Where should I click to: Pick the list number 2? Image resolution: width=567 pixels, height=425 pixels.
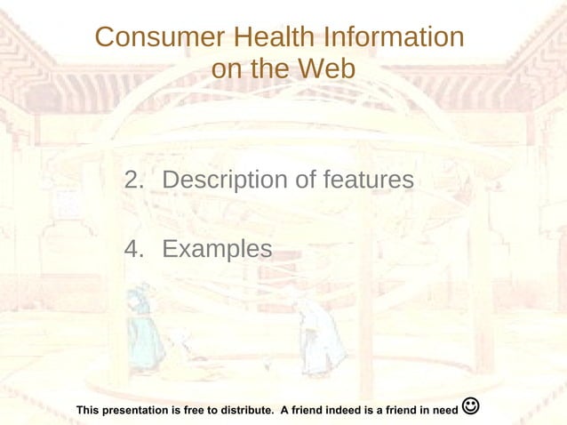pos(133,180)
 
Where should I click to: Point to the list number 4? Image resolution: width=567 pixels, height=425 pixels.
pos(133,249)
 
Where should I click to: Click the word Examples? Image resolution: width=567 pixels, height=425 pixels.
pos(217,249)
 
